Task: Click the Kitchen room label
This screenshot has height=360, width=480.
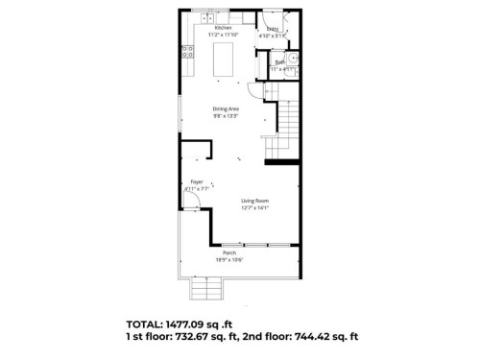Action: pos(223,28)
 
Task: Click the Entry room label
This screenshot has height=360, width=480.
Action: pos(273,30)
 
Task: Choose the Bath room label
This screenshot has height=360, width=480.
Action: pos(279,62)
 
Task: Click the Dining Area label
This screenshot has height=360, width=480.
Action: pos(226,108)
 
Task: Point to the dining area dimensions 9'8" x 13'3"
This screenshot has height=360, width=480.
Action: pos(226,115)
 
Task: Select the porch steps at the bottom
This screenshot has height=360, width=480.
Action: pos(205,288)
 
